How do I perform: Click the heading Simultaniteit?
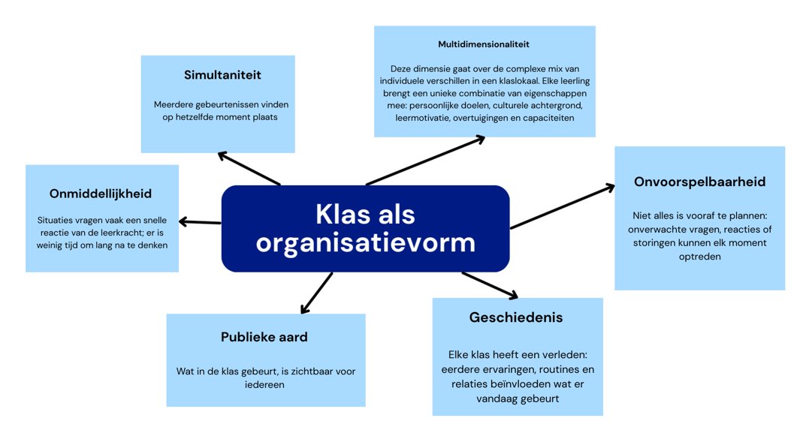coord(222,75)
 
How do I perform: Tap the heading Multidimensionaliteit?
coord(484,44)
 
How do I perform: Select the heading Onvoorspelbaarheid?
coord(699,182)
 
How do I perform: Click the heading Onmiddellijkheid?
coord(101,194)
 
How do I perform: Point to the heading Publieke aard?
coord(264,337)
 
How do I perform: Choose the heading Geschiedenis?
coord(515,317)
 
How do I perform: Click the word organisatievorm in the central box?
coord(365,242)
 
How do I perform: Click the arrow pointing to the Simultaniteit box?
coord(249,168)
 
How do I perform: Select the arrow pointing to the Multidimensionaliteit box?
coord(425,160)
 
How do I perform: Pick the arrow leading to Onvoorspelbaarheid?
coord(562,207)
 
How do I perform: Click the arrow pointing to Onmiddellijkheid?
coord(200,222)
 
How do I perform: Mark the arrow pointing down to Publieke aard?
coord(316,293)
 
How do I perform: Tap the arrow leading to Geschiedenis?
coord(490,285)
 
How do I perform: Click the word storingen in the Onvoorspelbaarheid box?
coord(656,243)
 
